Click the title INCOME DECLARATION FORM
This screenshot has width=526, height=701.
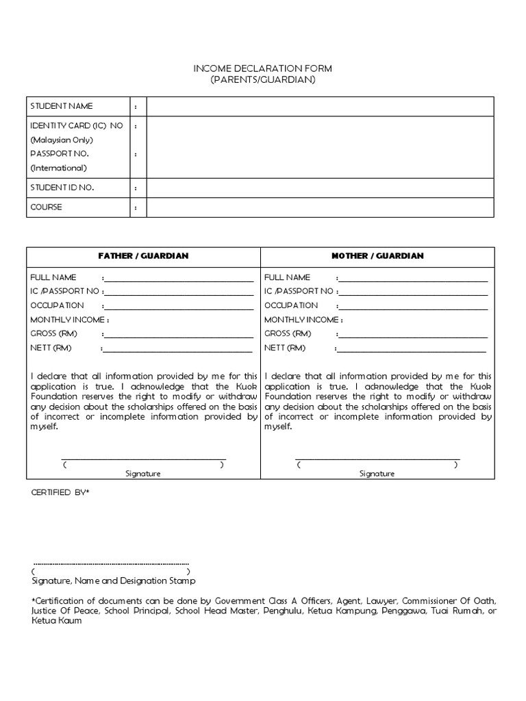tap(262, 69)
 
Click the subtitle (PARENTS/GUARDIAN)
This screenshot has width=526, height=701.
tap(262, 80)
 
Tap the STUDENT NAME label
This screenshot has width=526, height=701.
tap(62, 106)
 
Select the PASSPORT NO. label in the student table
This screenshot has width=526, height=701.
tap(60, 154)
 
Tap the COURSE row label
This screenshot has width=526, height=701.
tap(46, 207)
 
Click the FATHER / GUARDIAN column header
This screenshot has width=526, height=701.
tap(143, 256)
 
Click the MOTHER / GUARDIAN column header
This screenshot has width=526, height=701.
tap(377, 256)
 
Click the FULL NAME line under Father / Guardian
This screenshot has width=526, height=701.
tap(179, 280)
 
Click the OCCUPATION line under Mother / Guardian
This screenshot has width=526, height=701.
tap(413, 308)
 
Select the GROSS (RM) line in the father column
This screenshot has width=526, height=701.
tap(179, 336)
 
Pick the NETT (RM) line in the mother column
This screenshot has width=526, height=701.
tap(412, 350)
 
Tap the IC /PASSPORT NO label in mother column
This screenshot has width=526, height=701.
tap(299, 291)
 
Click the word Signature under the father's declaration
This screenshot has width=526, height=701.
tap(142, 474)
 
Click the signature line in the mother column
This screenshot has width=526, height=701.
tap(377, 459)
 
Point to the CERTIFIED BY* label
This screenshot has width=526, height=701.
tap(61, 492)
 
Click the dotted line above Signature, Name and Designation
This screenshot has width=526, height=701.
tap(111, 563)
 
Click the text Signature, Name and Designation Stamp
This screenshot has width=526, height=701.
tap(114, 581)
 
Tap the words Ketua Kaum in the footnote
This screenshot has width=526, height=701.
tap(57, 620)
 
